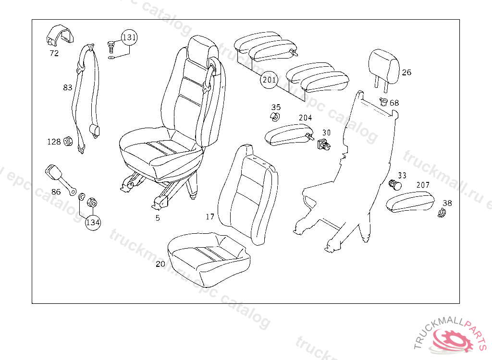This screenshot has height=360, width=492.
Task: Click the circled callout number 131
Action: coord(129,37)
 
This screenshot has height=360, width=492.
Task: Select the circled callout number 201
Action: coord(269,80)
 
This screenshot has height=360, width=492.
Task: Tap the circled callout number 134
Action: coord(94,222)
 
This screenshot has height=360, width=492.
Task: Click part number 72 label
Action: coord(54,53)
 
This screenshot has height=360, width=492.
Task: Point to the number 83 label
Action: coord(67,87)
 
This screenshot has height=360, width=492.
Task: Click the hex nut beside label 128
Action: coord(68,142)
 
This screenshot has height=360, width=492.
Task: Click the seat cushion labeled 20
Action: coord(209,257)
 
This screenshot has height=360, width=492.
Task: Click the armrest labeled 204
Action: coord(288,134)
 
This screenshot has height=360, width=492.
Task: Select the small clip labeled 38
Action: coord(442,213)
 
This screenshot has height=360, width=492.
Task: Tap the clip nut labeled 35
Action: coord(275,117)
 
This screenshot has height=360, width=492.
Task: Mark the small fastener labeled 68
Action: coord(383,101)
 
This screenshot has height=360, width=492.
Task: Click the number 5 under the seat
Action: coord(157,218)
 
